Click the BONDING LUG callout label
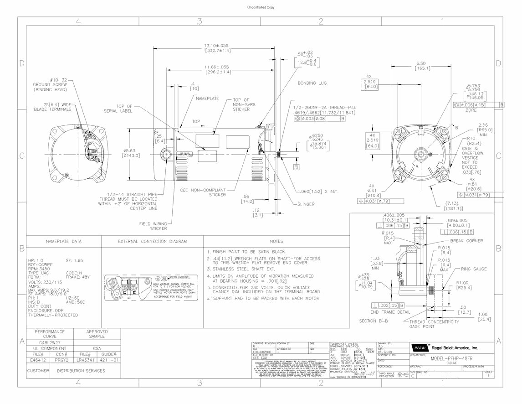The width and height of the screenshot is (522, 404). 312,83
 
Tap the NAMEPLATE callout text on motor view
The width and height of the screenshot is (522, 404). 207,98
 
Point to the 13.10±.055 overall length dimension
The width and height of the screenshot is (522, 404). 216,46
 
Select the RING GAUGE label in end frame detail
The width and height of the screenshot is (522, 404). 474,269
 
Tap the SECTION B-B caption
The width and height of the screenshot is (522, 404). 374,321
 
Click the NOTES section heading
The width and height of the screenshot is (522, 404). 276,241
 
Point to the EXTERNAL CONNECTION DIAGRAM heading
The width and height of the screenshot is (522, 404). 152,241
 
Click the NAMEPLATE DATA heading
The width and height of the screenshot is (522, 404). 64,241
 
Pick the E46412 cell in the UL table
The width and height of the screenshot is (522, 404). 38,360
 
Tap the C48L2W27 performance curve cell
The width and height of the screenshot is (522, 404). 50,342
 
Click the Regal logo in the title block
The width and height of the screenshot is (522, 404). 420,347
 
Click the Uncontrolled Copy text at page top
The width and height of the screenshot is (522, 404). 261,8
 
